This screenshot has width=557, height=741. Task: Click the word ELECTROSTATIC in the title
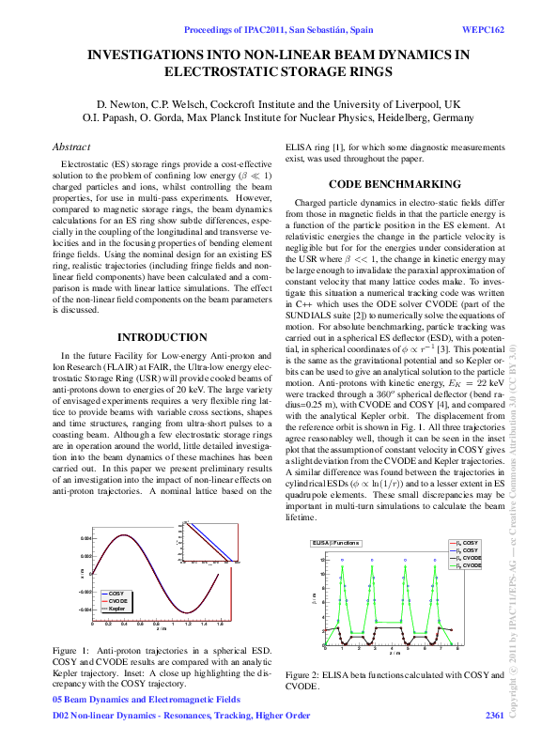pyautogui.click(x=223, y=70)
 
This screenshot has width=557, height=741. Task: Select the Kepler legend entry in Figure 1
pyautogui.click(x=116, y=610)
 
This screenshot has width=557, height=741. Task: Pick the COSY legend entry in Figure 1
pyautogui.click(x=115, y=594)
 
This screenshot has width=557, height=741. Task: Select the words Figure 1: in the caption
pyautogui.click(x=72, y=649)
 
